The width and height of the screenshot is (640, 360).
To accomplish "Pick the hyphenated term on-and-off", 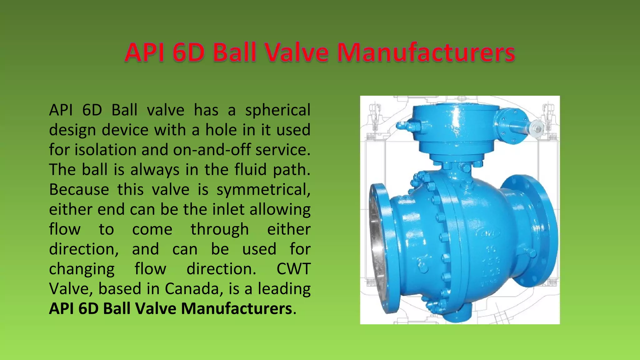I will click(212, 150).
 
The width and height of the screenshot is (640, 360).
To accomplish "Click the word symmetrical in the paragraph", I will click(263, 190).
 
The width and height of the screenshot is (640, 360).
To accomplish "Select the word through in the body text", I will click(220, 230).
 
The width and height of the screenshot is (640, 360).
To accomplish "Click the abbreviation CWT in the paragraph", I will click(293, 269).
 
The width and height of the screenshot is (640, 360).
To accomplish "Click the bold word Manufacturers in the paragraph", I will click(237, 309).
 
